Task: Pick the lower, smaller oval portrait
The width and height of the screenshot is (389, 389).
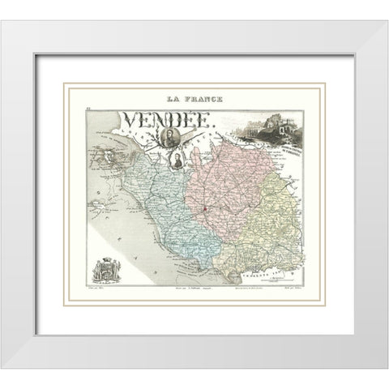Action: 174,156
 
